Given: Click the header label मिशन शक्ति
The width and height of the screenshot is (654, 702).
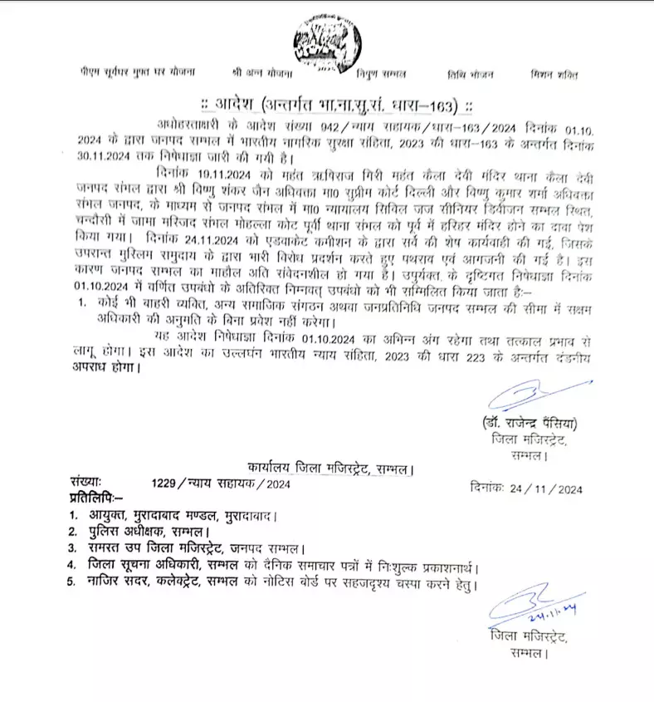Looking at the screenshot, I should pos(554,74).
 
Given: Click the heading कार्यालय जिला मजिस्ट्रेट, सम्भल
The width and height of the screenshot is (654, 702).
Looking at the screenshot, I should pos(330,469).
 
